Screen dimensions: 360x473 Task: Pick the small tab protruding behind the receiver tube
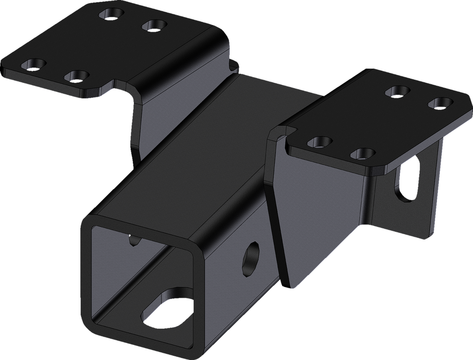click(x=234, y=65)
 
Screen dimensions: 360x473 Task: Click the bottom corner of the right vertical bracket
click(x=435, y=234)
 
